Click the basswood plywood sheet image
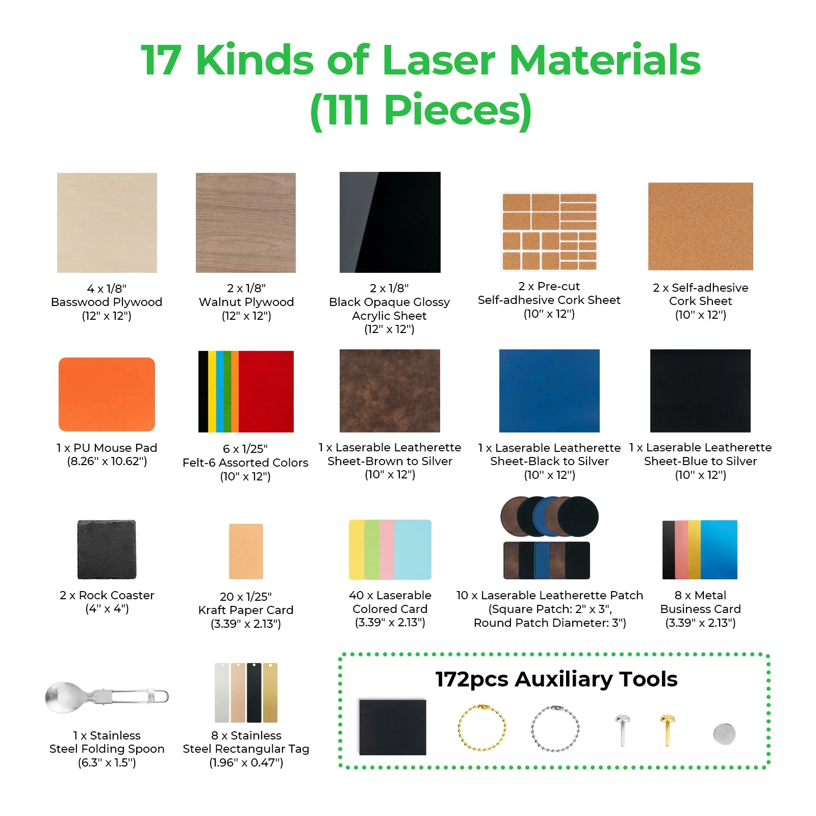[107, 222]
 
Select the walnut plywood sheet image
[245, 222]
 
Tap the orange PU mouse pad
[107, 394]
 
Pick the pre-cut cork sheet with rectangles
[549, 232]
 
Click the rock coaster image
[107, 549]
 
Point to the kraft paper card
[246, 551]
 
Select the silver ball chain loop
[555, 728]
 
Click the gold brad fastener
[667, 729]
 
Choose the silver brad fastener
[622, 729]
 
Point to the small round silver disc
[725, 733]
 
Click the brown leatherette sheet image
[390, 391]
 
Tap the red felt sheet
[266, 391]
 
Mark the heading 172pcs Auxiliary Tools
[556, 679]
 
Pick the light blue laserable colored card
[413, 549]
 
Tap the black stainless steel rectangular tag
[254, 693]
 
